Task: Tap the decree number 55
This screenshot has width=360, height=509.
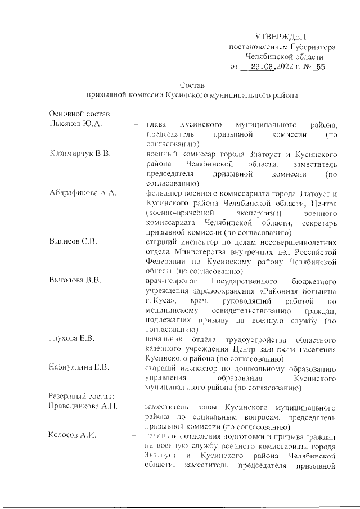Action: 321,67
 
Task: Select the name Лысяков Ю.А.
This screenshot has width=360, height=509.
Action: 75,124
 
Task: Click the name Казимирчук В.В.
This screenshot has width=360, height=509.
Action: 79,154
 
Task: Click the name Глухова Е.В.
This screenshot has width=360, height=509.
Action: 71,339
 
